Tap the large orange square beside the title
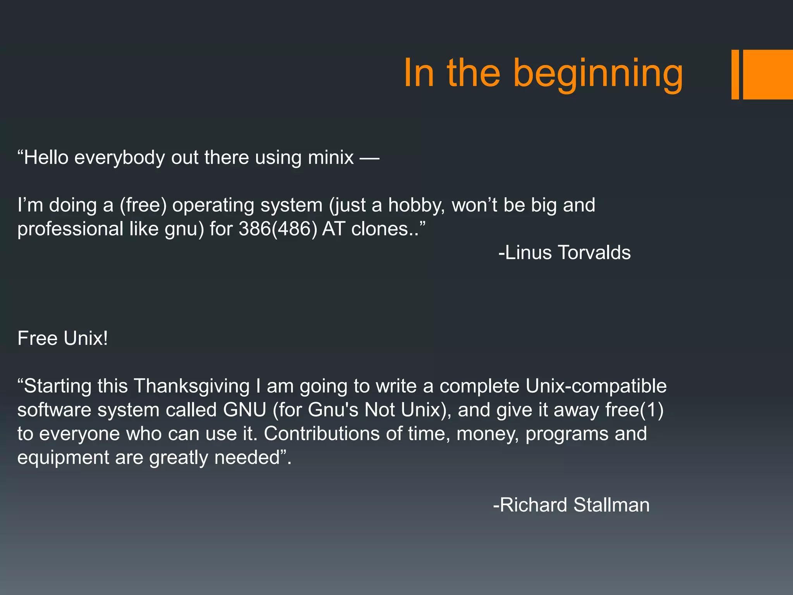(x=767, y=74)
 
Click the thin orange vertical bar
(x=735, y=74)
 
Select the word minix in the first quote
(x=331, y=158)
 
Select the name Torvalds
(x=594, y=253)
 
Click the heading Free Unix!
(x=63, y=339)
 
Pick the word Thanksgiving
(x=192, y=386)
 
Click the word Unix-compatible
(x=596, y=386)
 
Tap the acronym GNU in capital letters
(x=245, y=410)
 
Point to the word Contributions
(x=321, y=433)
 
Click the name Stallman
(x=611, y=505)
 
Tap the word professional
(x=70, y=229)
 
